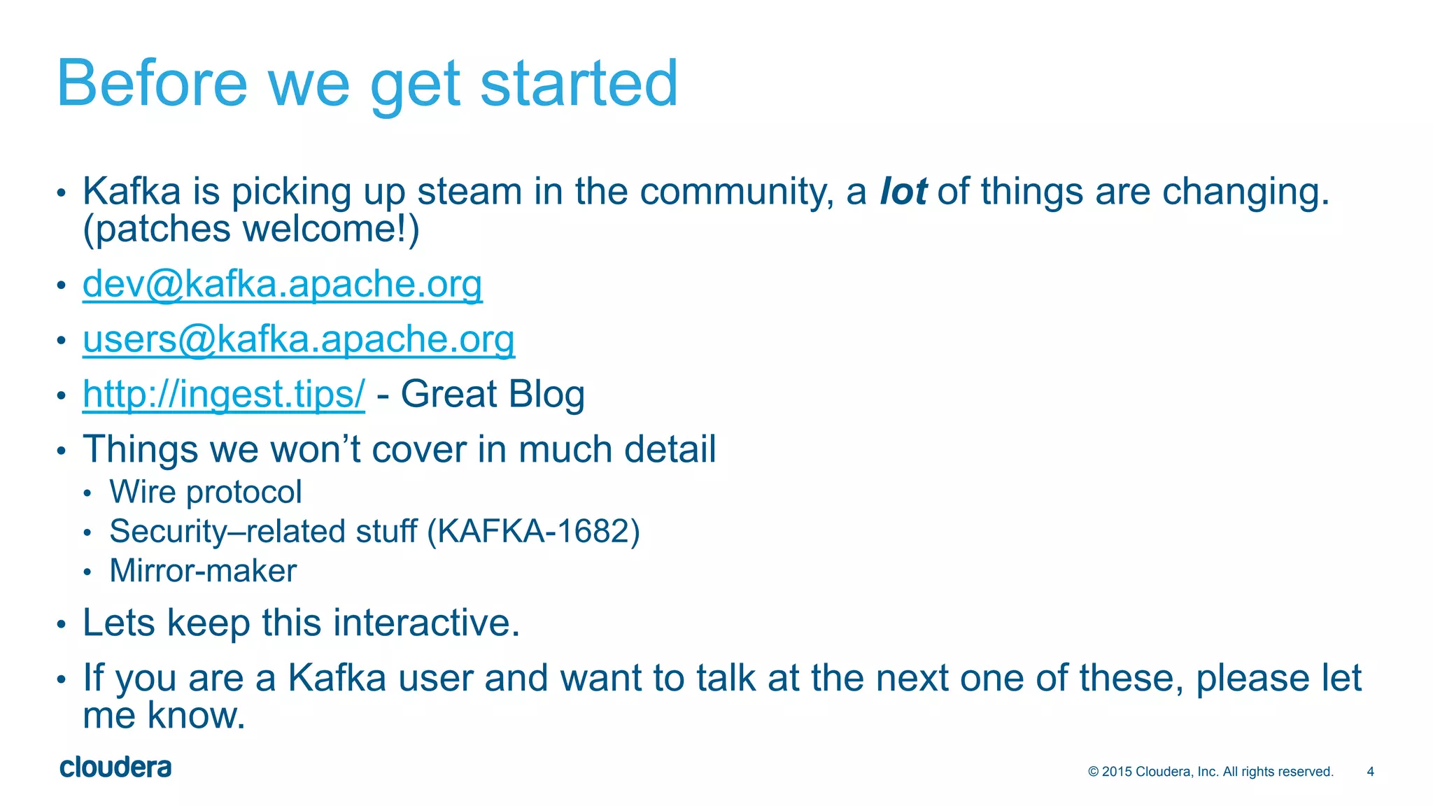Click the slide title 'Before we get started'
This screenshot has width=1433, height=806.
click(x=367, y=83)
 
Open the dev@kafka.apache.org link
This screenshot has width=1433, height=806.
click(x=282, y=284)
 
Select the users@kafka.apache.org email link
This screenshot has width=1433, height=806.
click(x=299, y=339)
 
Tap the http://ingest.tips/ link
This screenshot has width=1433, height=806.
click(x=223, y=394)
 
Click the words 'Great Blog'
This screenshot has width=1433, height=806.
click(x=492, y=394)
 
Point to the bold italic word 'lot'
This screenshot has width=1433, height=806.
click(x=903, y=192)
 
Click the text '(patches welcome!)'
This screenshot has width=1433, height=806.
click(x=250, y=229)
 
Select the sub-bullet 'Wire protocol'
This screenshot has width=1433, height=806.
click(x=206, y=492)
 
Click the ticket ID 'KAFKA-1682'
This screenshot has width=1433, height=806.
click(x=533, y=532)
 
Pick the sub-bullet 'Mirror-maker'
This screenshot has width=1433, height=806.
click(x=203, y=571)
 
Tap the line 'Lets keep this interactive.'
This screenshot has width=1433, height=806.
click(x=301, y=623)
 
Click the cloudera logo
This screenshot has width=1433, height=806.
click(x=115, y=768)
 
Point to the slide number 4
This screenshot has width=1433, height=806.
click(x=1370, y=772)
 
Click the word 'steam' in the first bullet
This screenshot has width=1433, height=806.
click(x=470, y=192)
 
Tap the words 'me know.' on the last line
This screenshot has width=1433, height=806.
click(x=164, y=716)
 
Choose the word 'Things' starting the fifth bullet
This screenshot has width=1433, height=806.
click(x=140, y=449)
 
